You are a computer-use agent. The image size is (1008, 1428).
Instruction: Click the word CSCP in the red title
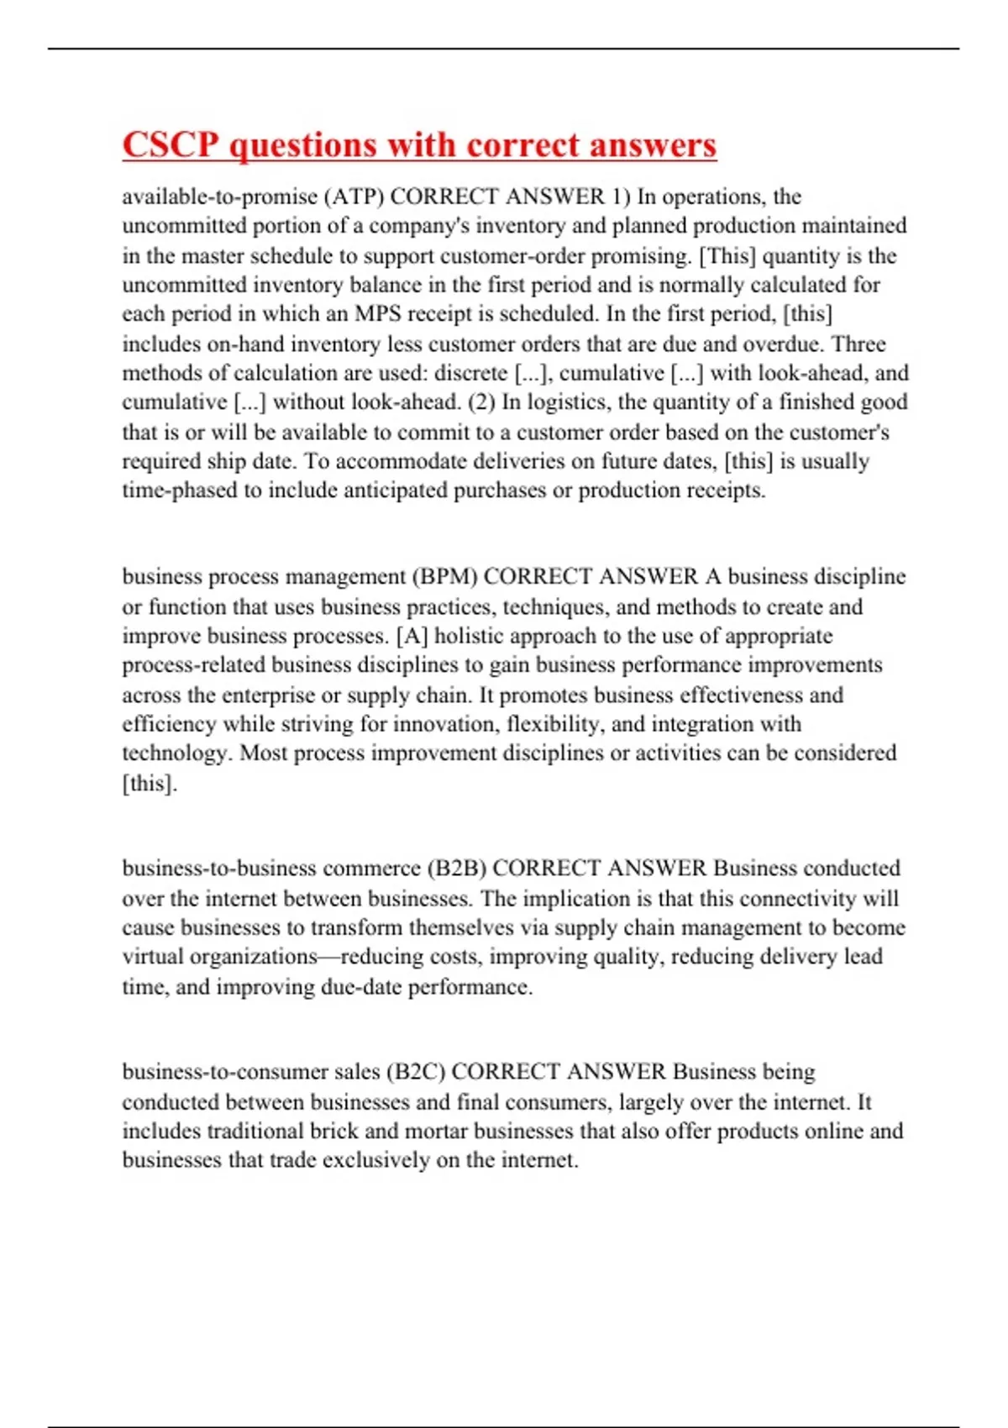pyautogui.click(x=171, y=144)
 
